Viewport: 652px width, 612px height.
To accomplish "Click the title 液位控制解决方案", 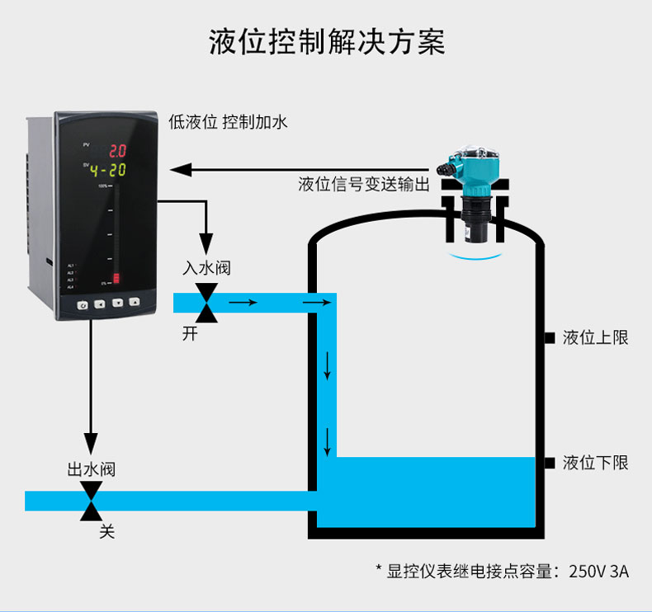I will point(327,43).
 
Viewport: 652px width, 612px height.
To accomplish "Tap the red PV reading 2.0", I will point(117,151).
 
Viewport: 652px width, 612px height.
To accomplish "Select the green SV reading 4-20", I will point(107,171).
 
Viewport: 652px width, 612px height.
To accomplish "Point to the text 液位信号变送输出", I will point(364,184).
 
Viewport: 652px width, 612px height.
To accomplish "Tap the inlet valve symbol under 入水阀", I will point(206,303).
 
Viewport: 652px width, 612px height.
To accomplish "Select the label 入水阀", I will point(206,268).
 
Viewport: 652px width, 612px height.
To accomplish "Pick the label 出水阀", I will point(91,469).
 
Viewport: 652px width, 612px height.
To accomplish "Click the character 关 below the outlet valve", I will point(106,532).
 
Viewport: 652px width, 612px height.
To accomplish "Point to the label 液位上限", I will point(595,337).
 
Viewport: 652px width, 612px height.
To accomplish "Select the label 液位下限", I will point(595,463).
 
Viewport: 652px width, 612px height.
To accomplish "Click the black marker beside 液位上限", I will point(549,337).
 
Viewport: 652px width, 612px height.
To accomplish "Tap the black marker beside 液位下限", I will point(549,463).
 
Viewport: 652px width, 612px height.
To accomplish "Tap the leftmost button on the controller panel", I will point(83,304).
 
